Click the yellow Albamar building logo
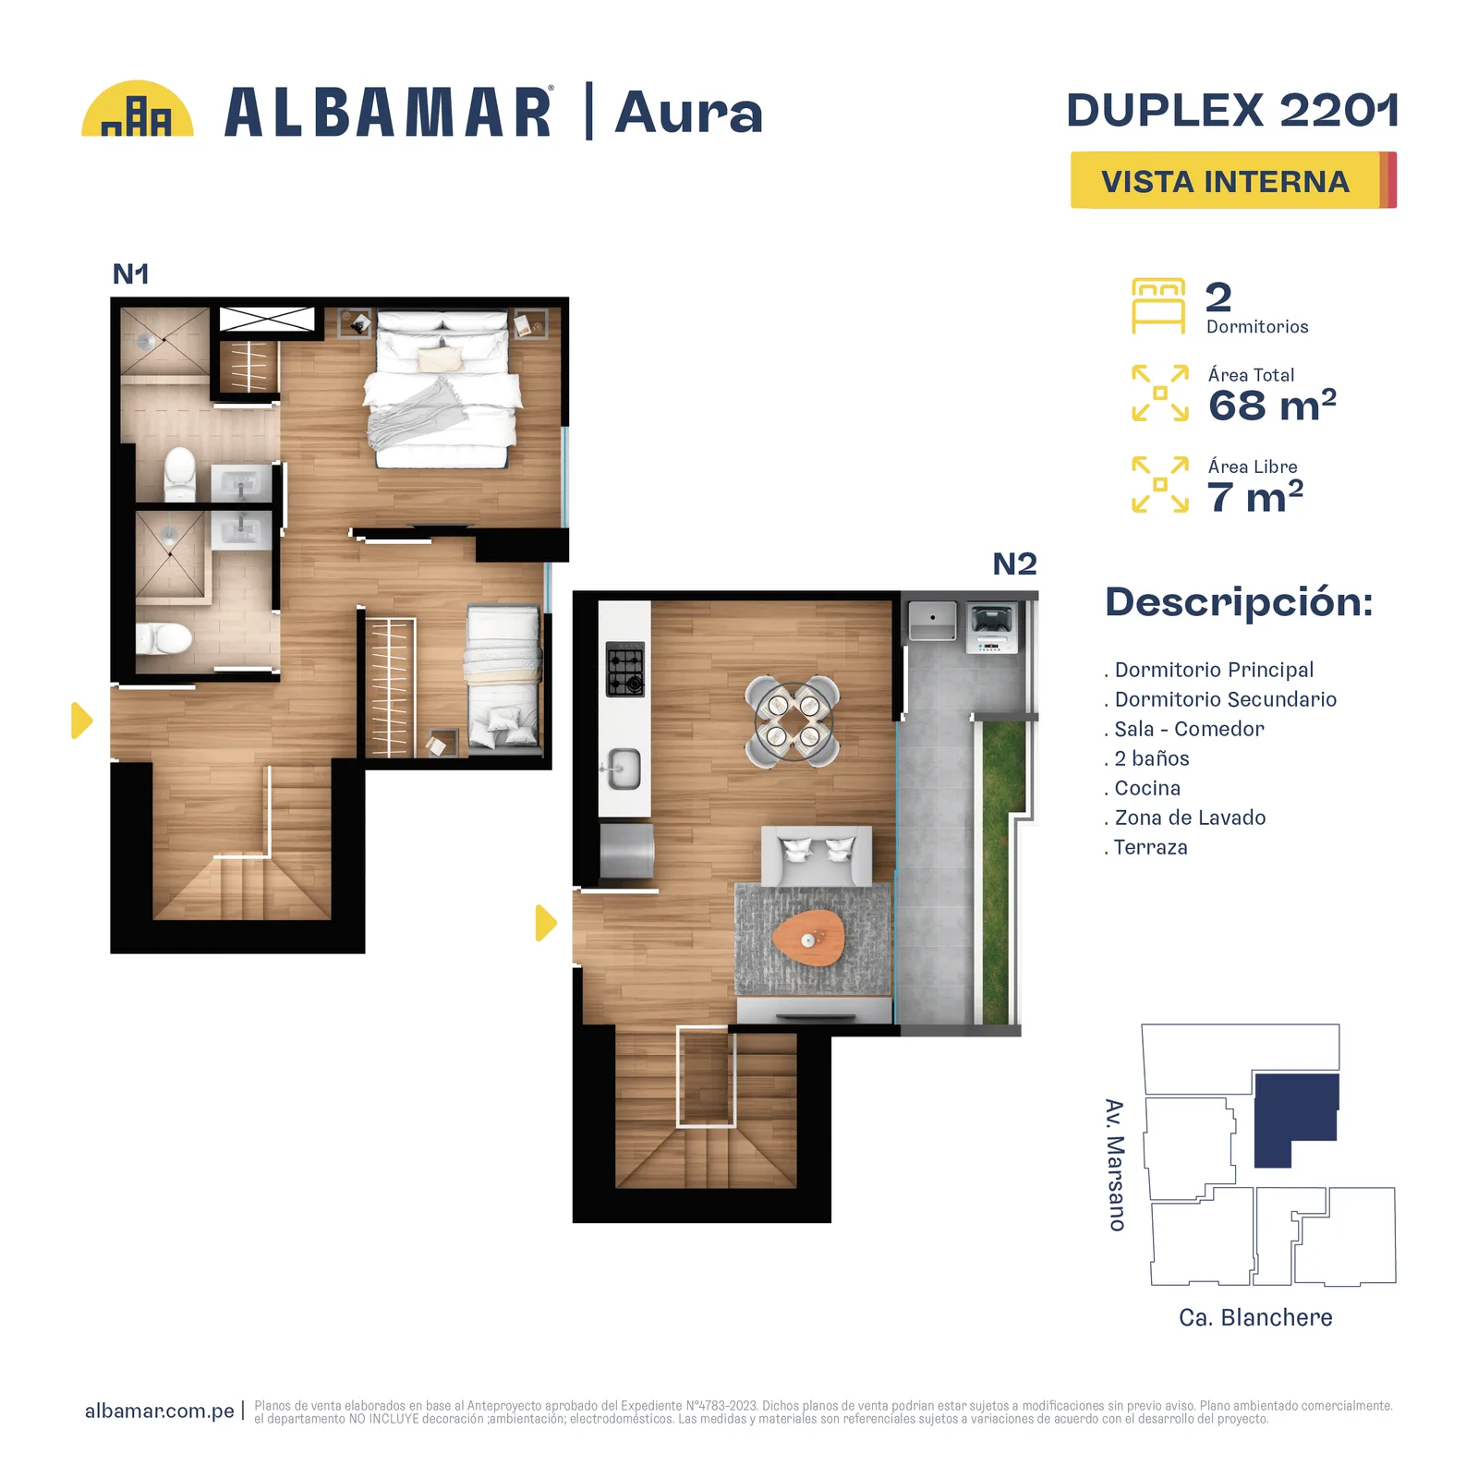click(137, 109)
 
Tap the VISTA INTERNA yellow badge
click(1233, 180)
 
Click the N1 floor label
click(130, 273)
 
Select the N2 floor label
click(1014, 563)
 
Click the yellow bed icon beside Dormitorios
click(1158, 306)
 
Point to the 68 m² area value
click(1272, 405)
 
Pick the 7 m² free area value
click(1254, 496)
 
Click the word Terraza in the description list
click(1150, 847)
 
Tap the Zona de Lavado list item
click(1190, 818)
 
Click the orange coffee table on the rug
click(808, 939)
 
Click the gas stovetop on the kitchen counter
click(625, 669)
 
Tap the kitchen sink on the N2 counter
click(623, 769)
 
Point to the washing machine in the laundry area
click(991, 628)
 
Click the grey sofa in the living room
click(816, 855)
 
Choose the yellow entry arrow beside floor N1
click(82, 721)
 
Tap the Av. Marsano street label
click(1116, 1165)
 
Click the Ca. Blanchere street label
click(1255, 1317)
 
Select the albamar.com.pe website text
click(160, 1411)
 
